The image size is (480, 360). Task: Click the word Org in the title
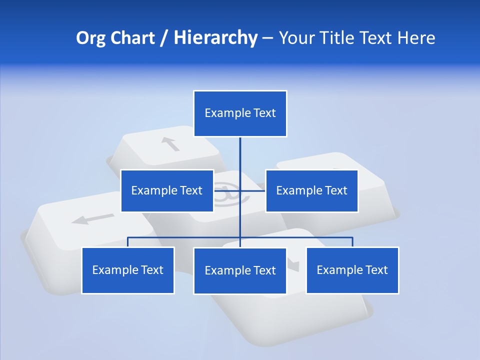(90, 38)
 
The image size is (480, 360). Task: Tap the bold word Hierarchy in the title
(215, 38)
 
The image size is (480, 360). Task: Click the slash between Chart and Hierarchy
(164, 38)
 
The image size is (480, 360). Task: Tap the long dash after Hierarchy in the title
(267, 38)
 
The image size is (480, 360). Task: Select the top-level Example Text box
(240, 113)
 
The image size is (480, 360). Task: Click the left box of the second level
(167, 190)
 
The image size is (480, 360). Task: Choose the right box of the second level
(311, 190)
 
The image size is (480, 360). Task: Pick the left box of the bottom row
(127, 270)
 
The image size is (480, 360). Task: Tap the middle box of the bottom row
(240, 270)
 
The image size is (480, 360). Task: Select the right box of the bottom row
(352, 270)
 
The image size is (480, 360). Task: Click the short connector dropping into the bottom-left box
(127, 242)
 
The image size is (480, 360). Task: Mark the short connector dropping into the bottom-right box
(352, 242)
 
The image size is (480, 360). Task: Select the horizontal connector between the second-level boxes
(252, 190)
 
